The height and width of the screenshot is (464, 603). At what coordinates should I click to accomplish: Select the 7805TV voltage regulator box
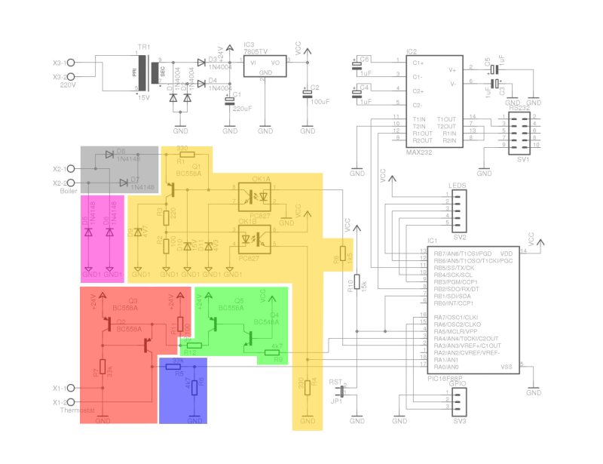[265, 69]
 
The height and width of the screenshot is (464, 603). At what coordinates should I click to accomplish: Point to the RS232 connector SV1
[519, 133]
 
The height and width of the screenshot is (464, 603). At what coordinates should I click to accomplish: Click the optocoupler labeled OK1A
[255, 196]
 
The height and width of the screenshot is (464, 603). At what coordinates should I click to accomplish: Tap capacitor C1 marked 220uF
[230, 100]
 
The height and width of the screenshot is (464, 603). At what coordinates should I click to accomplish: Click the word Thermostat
[77, 410]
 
